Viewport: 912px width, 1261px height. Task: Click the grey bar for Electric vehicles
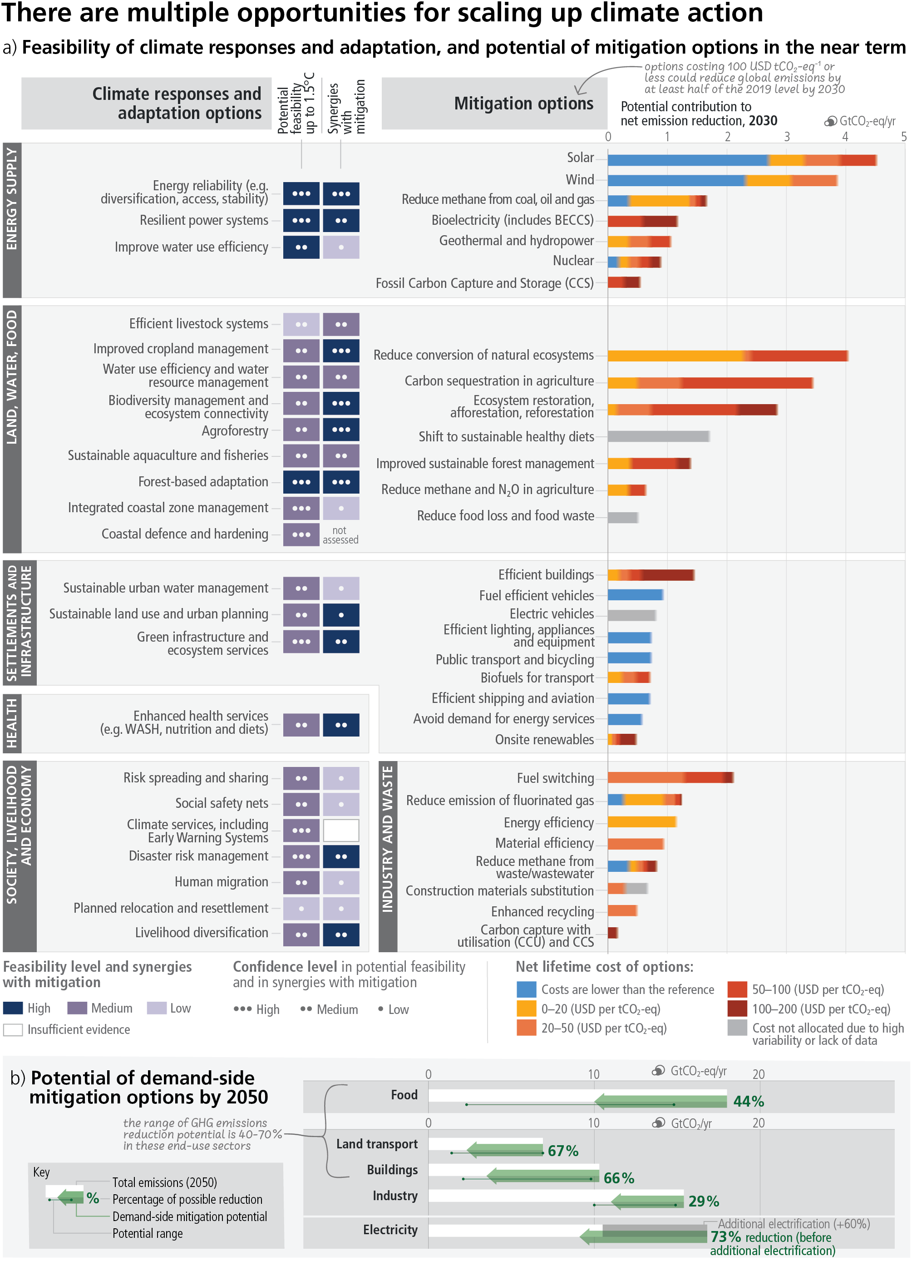pos(632,615)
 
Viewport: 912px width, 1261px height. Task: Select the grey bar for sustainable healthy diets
pos(659,436)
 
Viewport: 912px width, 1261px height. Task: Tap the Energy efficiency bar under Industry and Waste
pos(642,822)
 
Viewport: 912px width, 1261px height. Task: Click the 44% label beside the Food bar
pos(749,1102)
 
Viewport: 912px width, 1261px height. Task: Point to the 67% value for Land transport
pos(563,1151)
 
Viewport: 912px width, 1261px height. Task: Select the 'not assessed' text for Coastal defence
pos(340,535)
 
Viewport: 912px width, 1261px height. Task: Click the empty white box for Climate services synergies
pos(340,831)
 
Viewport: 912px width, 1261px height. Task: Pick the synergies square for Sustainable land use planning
pos(340,615)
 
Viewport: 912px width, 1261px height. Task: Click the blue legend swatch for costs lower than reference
pos(526,989)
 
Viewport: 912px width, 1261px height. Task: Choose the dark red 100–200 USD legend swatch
pos(737,1009)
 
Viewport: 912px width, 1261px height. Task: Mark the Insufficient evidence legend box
pos(13,1030)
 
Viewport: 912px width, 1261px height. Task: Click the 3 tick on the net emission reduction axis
pos(786,137)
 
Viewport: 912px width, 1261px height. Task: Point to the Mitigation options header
pos(523,104)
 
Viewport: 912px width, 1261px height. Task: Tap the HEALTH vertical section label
pos(12,723)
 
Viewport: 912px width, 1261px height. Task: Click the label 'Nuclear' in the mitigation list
pos(573,261)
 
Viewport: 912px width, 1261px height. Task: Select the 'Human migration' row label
pos(221,882)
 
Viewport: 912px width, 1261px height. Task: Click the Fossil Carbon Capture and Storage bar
pos(624,282)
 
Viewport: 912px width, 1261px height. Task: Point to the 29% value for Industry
pos(704,1202)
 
